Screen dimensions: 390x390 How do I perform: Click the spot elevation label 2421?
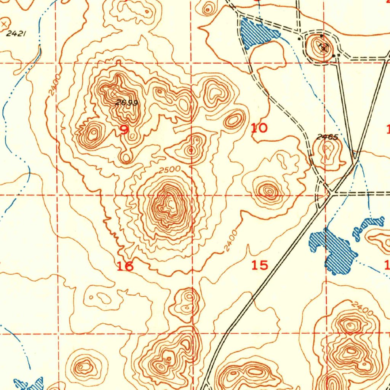tap(16, 34)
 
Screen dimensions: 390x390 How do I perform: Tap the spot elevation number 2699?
tap(126, 103)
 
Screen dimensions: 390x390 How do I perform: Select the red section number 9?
tap(124, 130)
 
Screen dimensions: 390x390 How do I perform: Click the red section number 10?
tap(259, 128)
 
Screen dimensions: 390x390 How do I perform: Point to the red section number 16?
tap(125, 266)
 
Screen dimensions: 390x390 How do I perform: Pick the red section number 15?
tap(260, 265)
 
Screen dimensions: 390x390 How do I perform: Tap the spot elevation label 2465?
tap(327, 137)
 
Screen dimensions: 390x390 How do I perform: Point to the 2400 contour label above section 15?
tap(230, 241)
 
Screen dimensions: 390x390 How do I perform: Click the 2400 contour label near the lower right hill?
tap(362, 308)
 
